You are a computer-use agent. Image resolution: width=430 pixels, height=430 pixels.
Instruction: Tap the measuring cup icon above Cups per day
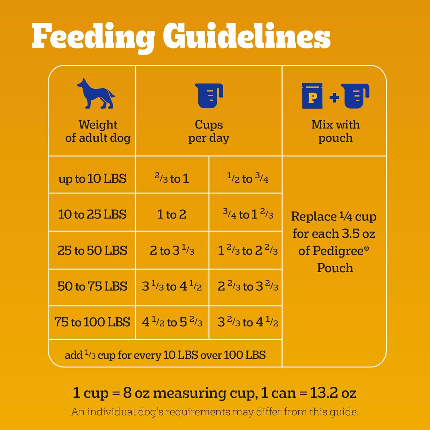point(209,96)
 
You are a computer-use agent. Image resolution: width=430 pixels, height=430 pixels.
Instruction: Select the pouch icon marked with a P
point(312,96)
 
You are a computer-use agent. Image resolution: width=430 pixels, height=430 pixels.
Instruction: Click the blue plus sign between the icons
point(334,98)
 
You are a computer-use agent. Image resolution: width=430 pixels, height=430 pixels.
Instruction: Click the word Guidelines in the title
point(247,37)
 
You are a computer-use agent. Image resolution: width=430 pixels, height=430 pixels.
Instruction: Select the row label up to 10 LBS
point(92,179)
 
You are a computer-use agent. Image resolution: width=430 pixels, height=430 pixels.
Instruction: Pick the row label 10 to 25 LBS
point(92,214)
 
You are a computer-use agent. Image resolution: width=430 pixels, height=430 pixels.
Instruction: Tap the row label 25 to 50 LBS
point(92,250)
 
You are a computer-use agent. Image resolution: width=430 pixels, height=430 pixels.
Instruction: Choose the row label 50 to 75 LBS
point(92,286)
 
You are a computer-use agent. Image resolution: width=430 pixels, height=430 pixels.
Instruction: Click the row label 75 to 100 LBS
point(92,322)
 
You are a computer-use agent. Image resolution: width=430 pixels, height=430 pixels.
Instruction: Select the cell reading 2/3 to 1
point(172,178)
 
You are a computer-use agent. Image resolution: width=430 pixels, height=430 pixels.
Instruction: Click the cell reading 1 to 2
point(172,214)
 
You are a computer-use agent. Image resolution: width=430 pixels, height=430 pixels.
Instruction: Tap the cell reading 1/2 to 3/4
point(248,178)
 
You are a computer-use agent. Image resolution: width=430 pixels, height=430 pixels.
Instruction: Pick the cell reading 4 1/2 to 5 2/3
point(172,322)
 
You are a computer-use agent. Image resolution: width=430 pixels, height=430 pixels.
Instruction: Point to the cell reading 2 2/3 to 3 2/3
point(248,286)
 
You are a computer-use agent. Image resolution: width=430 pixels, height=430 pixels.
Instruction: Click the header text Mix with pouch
point(335,131)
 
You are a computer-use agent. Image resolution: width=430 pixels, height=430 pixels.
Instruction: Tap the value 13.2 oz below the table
point(333,393)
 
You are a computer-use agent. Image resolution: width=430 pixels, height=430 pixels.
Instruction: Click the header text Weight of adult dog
point(98,131)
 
